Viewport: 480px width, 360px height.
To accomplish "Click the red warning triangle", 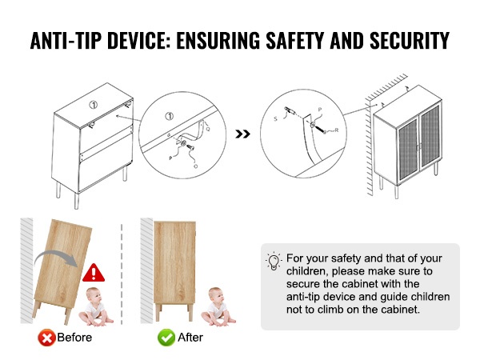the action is point(94,273).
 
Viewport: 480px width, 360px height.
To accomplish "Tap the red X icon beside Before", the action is point(46,338).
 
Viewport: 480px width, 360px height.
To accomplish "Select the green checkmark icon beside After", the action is point(166,338).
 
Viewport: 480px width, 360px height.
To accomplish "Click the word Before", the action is point(74,338).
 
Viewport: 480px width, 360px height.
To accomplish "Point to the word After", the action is point(190,338).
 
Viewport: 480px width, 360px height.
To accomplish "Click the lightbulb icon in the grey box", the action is point(274,261).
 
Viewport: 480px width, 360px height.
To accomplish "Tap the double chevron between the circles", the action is point(242,134).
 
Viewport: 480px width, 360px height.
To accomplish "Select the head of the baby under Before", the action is point(93,294).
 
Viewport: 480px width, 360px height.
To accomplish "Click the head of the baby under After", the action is point(215,294).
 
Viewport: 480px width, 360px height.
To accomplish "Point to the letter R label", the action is point(337,130).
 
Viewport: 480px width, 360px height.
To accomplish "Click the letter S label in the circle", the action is point(275,118).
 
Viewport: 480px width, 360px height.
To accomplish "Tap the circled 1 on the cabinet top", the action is point(94,105).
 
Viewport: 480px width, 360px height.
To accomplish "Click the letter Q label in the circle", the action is point(208,129).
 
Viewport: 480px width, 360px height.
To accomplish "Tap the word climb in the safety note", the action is point(330,310).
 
